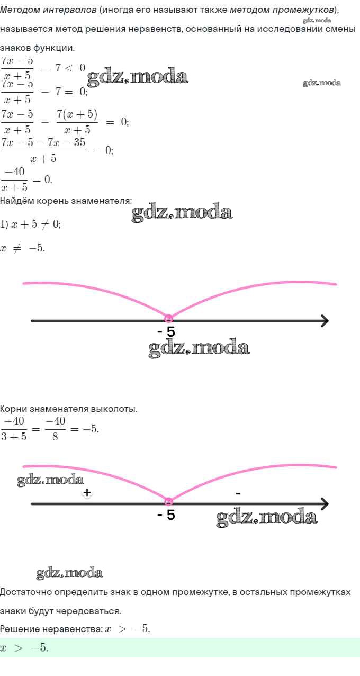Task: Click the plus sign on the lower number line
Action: [x=87, y=492]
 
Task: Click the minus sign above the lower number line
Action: [x=238, y=493]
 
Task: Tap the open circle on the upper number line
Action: [x=168, y=318]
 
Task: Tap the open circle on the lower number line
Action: [x=168, y=501]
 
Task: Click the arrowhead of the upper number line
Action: [x=325, y=320]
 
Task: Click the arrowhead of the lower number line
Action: [x=325, y=503]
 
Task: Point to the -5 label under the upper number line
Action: [x=166, y=332]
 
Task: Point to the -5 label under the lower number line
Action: [x=166, y=515]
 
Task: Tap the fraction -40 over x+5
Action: [x=14, y=179]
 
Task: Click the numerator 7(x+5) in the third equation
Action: [x=77, y=114]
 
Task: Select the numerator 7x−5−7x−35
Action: [x=43, y=142]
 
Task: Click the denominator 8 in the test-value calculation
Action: [x=55, y=436]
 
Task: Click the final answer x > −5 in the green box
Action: [x=24, y=647]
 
